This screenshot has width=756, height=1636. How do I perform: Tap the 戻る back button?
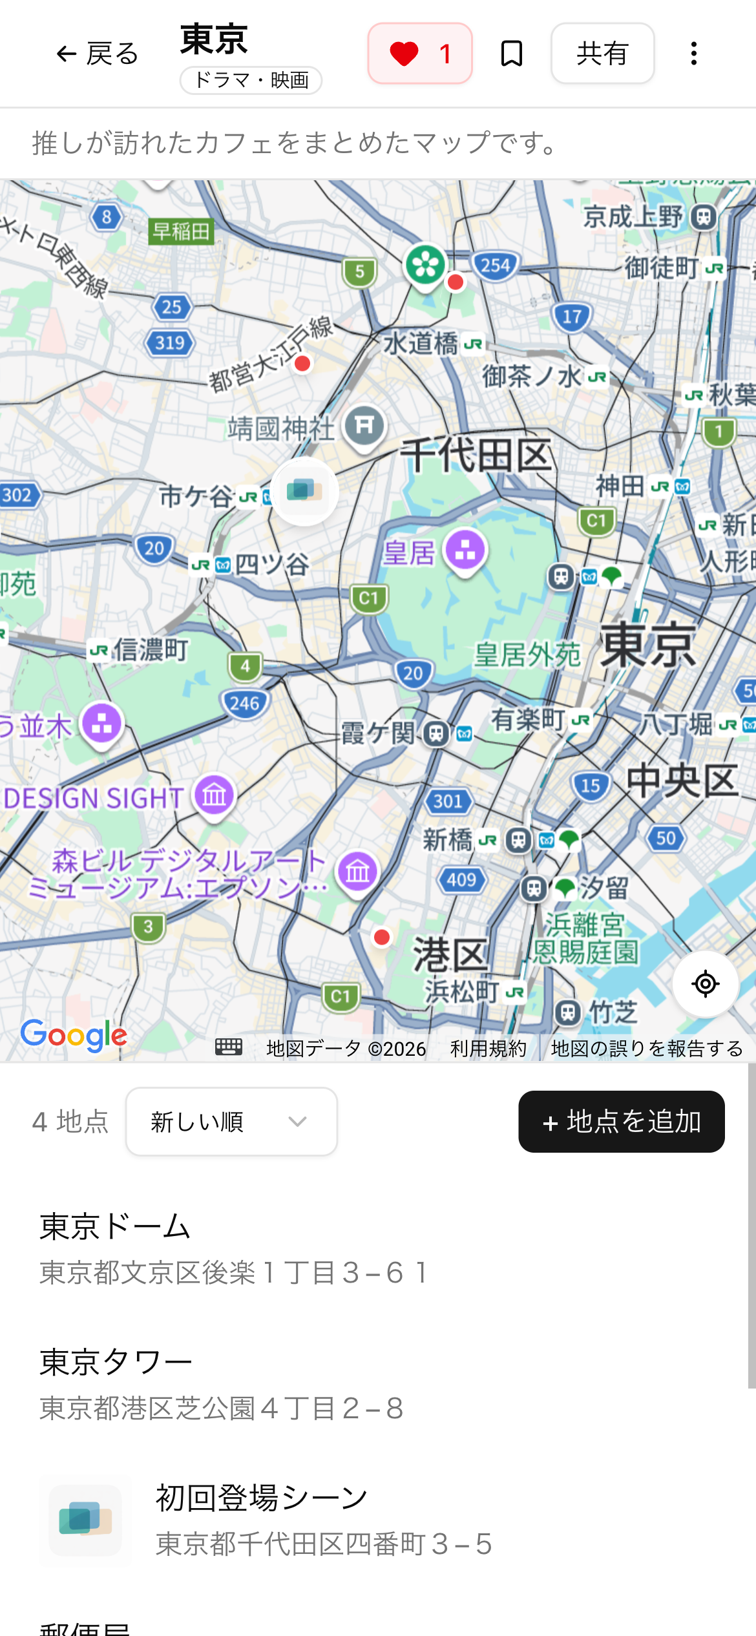98,54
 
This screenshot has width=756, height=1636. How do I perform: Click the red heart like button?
419,54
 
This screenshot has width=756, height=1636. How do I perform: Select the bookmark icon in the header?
512,54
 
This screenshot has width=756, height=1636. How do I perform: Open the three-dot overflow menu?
693,54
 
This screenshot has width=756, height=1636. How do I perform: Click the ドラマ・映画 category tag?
251,80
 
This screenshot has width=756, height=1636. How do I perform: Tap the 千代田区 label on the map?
477,455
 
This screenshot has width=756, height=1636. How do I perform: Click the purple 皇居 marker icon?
465,551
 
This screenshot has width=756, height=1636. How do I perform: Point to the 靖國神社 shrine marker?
364,426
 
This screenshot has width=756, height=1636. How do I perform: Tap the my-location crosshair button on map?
705,984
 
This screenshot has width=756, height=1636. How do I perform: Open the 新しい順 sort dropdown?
231,1122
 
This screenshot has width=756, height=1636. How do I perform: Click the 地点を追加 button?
621,1122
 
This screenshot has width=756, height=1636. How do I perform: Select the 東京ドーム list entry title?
115,1226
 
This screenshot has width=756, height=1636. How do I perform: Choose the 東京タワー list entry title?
116,1362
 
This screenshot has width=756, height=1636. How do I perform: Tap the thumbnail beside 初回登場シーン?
85,1520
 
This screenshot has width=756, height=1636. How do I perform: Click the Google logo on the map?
74,1035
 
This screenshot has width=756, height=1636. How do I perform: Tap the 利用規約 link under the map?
488,1048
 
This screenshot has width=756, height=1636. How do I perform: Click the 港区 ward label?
450,954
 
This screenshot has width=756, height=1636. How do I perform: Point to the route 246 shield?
244,703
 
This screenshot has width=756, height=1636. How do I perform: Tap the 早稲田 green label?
182,231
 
